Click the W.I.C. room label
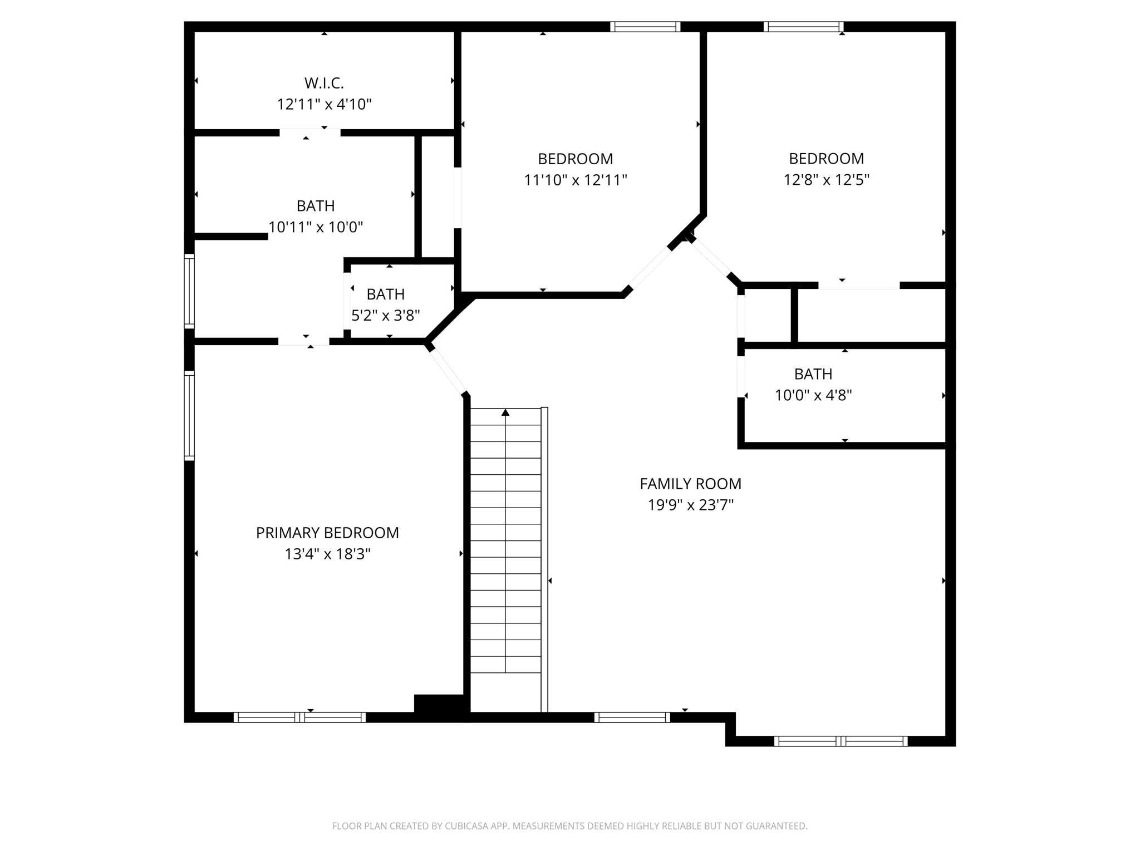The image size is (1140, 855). click(x=324, y=83)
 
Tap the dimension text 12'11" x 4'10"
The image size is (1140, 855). click(x=324, y=105)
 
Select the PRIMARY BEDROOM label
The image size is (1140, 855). click(x=327, y=533)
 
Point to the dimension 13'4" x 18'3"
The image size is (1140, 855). click(x=327, y=554)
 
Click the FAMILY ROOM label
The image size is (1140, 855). click(x=690, y=484)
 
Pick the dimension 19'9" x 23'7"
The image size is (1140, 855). click(x=690, y=505)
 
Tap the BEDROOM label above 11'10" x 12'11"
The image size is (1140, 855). click(x=575, y=159)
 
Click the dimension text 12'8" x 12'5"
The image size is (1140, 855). click(x=826, y=180)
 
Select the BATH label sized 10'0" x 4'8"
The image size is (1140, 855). click(x=813, y=374)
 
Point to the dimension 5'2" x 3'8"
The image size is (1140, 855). click(x=385, y=316)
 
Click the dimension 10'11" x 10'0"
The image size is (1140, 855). click(x=316, y=228)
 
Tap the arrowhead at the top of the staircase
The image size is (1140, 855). click(x=505, y=412)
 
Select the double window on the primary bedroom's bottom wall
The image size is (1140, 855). click(x=299, y=718)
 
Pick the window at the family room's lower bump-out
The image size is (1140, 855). click(x=841, y=741)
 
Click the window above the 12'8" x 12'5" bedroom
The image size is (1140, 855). click(x=803, y=27)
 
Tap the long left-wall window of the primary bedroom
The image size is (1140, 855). click(x=189, y=415)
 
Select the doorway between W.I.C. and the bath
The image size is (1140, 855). click(x=309, y=132)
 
